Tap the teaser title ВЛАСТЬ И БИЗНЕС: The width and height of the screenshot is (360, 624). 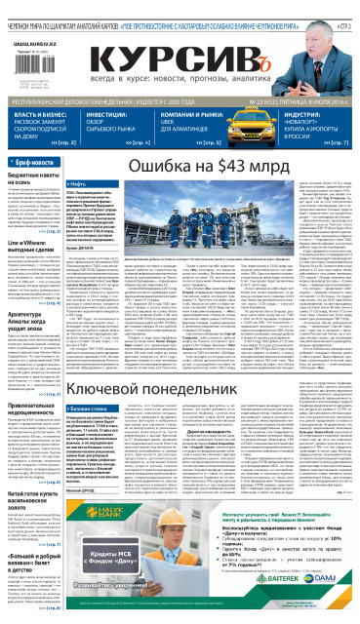click(x=38, y=113)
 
